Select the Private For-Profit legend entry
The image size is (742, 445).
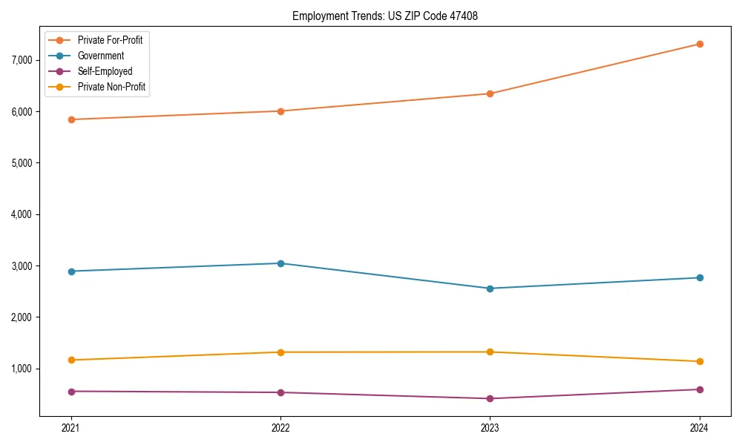(x=110, y=40)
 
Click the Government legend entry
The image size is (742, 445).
(x=100, y=56)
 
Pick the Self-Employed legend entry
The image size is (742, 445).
(x=105, y=71)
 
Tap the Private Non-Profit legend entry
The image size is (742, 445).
(x=111, y=87)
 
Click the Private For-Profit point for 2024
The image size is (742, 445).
(x=700, y=44)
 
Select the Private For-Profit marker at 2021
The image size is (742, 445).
(x=71, y=119)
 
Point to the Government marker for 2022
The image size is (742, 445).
(x=280, y=263)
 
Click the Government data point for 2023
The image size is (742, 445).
(x=490, y=289)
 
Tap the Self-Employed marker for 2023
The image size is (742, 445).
(x=490, y=399)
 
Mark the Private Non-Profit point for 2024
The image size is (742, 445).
(x=700, y=362)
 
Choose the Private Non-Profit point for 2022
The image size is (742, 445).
(x=280, y=352)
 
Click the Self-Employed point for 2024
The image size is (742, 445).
(x=700, y=389)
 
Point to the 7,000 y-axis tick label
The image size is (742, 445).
(x=24, y=60)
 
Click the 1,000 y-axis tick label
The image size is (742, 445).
(x=24, y=369)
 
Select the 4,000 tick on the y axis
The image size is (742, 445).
(x=24, y=214)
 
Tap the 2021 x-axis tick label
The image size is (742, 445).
(x=71, y=428)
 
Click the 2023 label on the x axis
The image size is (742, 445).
(x=490, y=428)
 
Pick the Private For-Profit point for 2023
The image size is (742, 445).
(x=490, y=93)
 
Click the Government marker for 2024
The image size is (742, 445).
(x=700, y=277)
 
